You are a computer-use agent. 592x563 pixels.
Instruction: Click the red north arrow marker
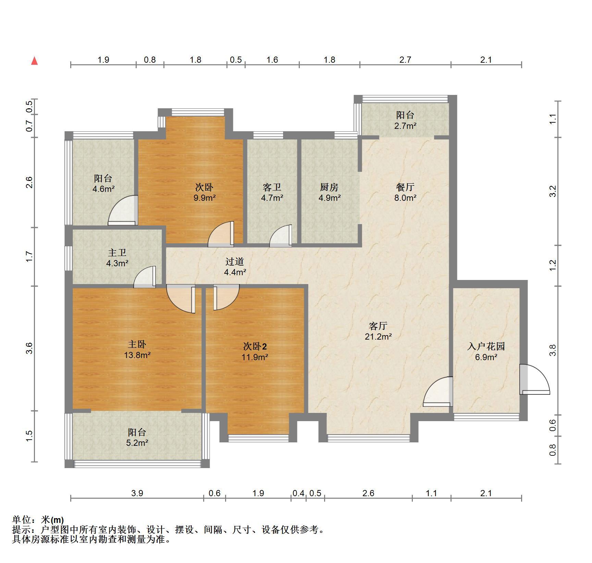click(34, 61)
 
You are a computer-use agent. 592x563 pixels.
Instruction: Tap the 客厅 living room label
click(378, 326)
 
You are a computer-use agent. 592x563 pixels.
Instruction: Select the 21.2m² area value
click(378, 336)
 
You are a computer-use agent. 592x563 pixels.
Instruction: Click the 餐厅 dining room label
click(405, 187)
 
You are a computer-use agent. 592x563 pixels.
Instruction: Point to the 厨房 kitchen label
click(329, 187)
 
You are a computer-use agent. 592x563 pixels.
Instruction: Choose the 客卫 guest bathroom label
click(272, 187)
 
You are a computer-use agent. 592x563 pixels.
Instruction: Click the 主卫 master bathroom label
click(117, 253)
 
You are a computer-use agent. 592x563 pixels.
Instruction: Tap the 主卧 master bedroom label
click(137, 344)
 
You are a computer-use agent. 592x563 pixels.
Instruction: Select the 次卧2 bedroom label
click(255, 346)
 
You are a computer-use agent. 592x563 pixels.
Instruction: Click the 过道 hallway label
click(235, 261)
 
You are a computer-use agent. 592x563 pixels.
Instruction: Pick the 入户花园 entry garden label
click(486, 346)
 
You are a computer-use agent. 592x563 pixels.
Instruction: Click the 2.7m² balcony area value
click(405, 126)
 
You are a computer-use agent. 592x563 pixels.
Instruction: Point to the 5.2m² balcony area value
click(137, 443)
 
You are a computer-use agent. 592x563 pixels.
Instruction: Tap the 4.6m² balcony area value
click(103, 189)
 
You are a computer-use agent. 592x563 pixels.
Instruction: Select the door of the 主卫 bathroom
click(145, 277)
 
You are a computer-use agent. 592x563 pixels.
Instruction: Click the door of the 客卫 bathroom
click(281, 236)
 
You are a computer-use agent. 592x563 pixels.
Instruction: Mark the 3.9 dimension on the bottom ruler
click(137, 493)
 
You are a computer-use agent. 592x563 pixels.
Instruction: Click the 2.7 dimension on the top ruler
click(405, 60)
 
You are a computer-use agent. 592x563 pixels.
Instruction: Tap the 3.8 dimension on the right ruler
click(552, 350)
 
